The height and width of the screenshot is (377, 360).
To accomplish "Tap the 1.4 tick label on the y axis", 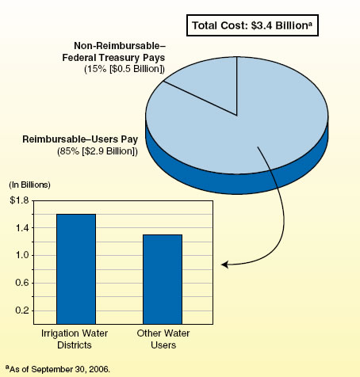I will (x=22, y=228).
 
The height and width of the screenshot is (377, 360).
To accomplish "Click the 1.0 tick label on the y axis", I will (x=22, y=256).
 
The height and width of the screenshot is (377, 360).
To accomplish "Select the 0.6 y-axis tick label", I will (x=22, y=283).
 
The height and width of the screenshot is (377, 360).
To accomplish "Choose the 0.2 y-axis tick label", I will (x=22, y=310).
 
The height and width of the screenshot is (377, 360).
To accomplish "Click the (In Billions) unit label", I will (x=29, y=185).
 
